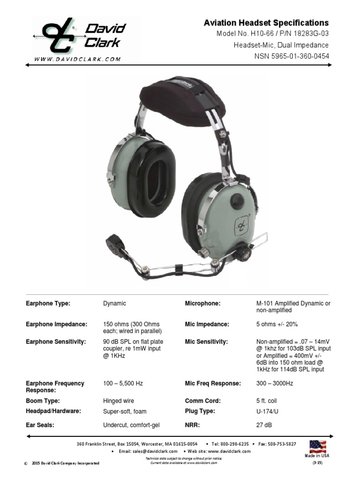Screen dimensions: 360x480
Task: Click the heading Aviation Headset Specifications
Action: click(266, 23)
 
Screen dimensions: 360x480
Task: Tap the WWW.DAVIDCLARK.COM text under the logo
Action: click(77, 59)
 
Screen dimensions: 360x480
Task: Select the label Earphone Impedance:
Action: click(56, 324)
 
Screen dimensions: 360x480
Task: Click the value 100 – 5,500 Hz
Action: click(123, 383)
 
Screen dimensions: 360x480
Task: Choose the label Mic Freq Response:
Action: click(213, 383)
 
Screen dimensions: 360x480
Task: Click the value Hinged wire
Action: click(119, 401)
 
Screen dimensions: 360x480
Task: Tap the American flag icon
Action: click(318, 446)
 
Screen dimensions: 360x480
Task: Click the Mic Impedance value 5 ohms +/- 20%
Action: click(277, 324)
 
